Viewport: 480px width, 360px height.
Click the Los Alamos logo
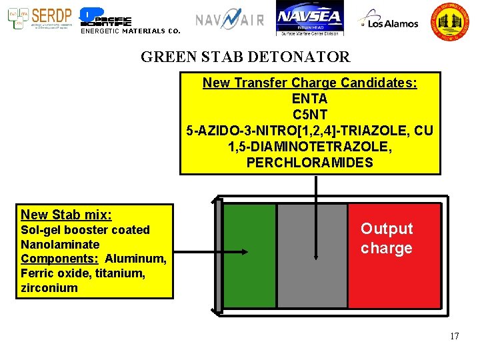coord(389,21)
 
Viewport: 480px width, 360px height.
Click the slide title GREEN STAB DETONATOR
coord(245,57)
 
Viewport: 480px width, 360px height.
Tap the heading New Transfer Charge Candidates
coord(310,83)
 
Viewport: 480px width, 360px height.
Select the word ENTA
coord(310,99)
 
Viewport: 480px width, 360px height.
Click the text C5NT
coord(310,115)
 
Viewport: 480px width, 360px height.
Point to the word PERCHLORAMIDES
coord(310,163)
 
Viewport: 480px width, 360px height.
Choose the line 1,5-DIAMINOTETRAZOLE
coord(310,147)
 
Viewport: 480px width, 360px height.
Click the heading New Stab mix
coord(66,215)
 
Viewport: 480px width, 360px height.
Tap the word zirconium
coord(49,288)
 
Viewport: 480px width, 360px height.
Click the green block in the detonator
coord(250,256)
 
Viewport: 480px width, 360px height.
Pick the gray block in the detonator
coord(312,256)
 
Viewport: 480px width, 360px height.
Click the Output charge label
coord(387,239)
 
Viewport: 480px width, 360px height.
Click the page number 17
coord(454,336)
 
